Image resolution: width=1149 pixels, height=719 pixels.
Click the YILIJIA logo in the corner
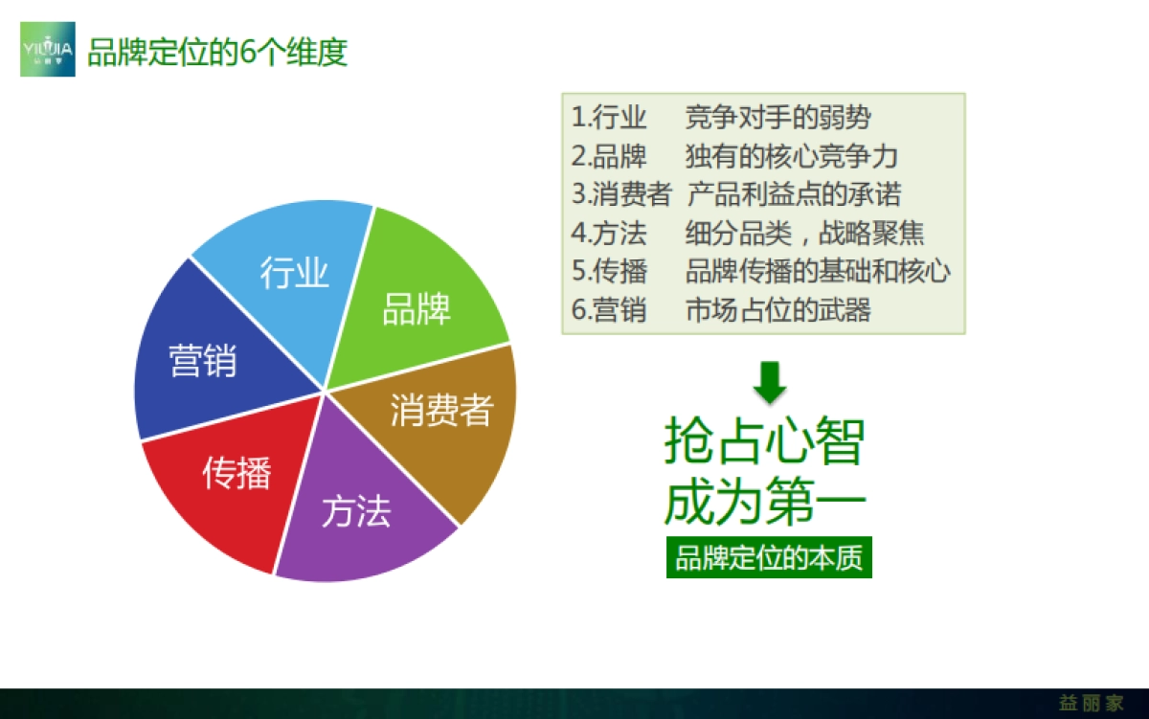click(48, 49)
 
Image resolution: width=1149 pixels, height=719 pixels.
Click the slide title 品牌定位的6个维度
click(217, 52)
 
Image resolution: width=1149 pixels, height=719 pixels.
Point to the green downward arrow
click(769, 381)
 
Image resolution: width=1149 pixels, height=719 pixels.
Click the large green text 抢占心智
click(764, 441)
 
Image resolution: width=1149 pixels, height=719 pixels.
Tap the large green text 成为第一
click(764, 502)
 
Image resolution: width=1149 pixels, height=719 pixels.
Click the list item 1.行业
click(609, 118)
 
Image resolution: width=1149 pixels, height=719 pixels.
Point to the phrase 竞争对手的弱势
click(777, 118)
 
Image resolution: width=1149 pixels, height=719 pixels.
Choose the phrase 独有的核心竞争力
click(791, 156)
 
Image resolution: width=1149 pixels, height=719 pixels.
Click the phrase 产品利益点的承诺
click(794, 194)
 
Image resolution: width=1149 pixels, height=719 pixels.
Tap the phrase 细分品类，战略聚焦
click(804, 233)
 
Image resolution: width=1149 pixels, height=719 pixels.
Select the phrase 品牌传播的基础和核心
click(818, 271)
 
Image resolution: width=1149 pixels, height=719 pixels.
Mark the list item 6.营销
click(609, 309)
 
